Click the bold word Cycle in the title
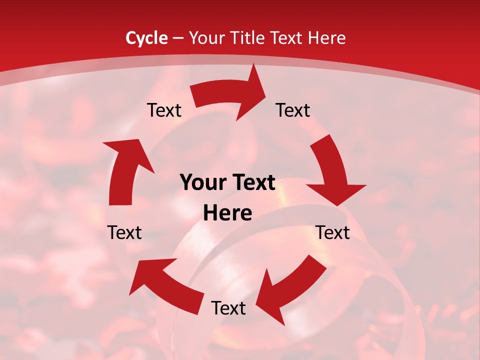pyautogui.click(x=146, y=38)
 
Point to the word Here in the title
pyautogui.click(x=326, y=38)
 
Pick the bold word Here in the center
pyautogui.click(x=227, y=213)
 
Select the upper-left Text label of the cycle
pyautogui.click(x=164, y=110)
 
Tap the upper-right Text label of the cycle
pyautogui.click(x=293, y=110)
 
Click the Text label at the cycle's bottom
pyautogui.click(x=228, y=308)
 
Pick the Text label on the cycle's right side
pyautogui.click(x=332, y=232)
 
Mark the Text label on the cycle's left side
pyautogui.click(x=125, y=232)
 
